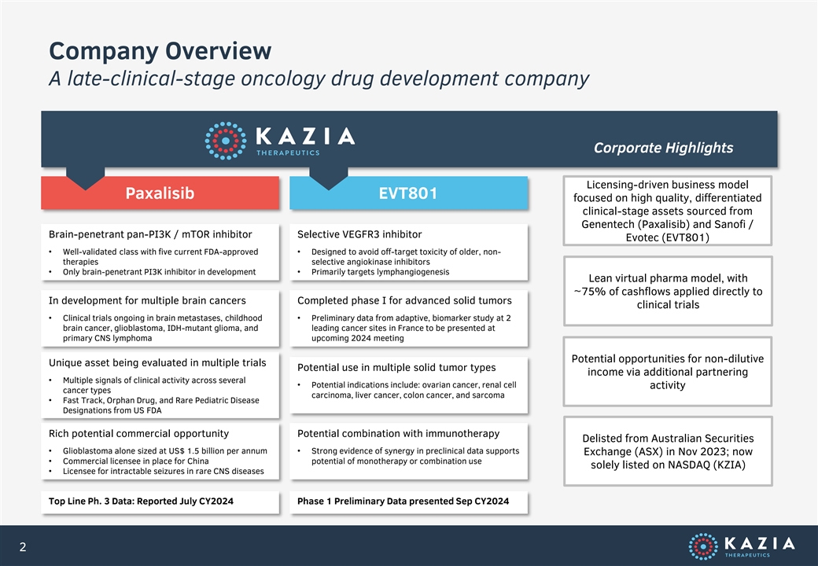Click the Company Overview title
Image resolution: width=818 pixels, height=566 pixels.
pyautogui.click(x=160, y=51)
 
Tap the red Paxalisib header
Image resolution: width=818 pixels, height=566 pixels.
pyautogui.click(x=160, y=193)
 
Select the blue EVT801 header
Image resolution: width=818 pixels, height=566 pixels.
pyautogui.click(x=408, y=193)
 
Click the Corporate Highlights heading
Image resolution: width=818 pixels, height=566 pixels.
pyautogui.click(x=663, y=148)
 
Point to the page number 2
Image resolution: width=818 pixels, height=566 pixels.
pyautogui.click(x=23, y=546)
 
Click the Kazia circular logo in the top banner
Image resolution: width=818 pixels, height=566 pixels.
pyautogui.click(x=226, y=141)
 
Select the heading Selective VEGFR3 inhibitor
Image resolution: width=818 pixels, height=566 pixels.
pyautogui.click(x=359, y=234)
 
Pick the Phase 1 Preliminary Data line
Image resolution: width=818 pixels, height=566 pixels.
pyautogui.click(x=403, y=502)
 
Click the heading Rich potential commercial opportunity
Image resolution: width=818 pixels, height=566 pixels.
pyautogui.click(x=138, y=434)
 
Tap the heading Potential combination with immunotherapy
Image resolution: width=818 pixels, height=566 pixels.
pyautogui.click(x=399, y=434)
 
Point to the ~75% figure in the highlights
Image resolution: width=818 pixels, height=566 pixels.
pyautogui.click(x=588, y=292)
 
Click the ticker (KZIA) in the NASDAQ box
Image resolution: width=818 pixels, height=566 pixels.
pyautogui.click(x=729, y=465)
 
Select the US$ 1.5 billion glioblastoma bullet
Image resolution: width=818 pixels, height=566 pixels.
pyautogui.click(x=165, y=450)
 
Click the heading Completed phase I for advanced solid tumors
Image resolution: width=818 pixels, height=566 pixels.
pyautogui.click(x=405, y=301)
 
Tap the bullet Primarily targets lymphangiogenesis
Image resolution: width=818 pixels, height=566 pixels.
pyautogui.click(x=381, y=272)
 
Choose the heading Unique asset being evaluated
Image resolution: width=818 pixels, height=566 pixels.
pyautogui.click(x=157, y=362)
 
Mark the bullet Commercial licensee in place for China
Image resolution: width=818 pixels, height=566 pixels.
pyautogui.click(x=135, y=461)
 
